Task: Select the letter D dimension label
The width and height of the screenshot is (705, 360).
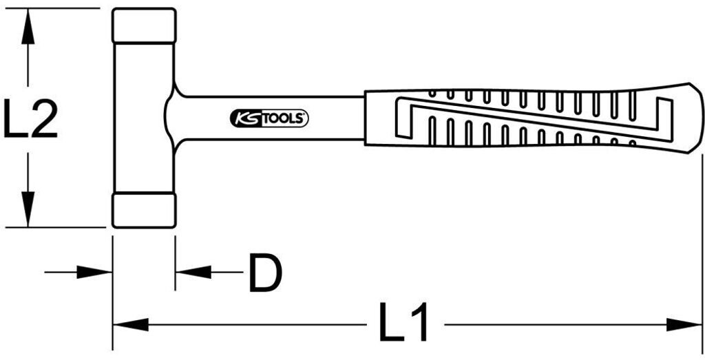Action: coord(264,273)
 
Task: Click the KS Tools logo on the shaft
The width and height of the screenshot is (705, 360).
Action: coord(269,118)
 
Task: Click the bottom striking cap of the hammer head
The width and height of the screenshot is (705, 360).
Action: coord(143,210)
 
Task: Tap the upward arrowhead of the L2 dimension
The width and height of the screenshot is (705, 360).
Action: coord(28,28)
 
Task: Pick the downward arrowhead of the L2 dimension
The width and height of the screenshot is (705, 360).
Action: coord(28,207)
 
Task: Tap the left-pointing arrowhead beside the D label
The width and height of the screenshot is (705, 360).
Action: coord(193,273)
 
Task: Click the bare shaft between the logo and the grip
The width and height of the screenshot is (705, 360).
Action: coord(337,118)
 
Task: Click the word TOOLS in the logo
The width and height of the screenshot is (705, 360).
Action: coord(284,118)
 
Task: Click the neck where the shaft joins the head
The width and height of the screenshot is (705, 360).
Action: coord(173,114)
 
